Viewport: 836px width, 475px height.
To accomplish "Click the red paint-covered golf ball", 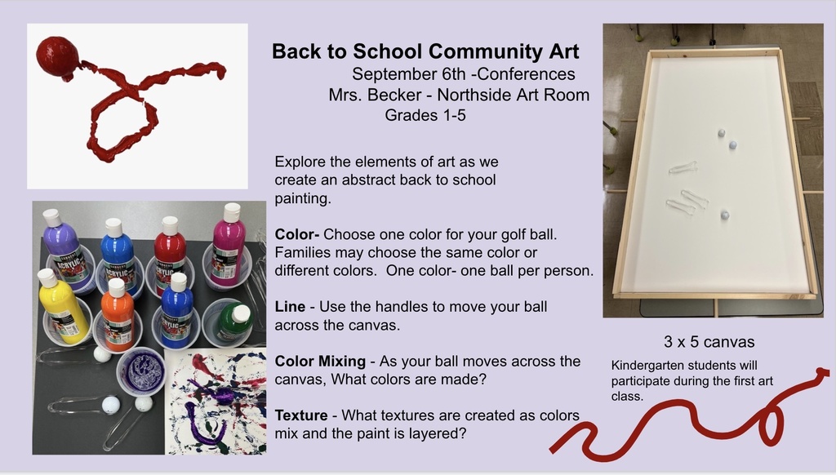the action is click(x=58, y=57).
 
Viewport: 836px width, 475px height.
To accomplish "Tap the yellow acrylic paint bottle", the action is click(x=62, y=305).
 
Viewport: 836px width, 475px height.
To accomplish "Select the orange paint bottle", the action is click(x=118, y=314).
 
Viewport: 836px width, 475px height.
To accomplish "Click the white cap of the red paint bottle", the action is click(x=170, y=225).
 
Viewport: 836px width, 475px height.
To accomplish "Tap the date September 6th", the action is click(x=409, y=74).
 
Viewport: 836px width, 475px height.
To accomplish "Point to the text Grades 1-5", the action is click(x=425, y=114).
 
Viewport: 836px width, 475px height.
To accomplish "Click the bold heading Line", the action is click(x=290, y=307).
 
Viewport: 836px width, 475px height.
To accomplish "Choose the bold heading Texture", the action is click(x=301, y=415).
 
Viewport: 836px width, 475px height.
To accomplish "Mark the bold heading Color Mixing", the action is click(x=320, y=361).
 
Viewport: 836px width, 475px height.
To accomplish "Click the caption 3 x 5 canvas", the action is click(x=709, y=342).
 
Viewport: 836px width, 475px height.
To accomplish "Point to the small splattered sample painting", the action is click(x=215, y=402).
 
